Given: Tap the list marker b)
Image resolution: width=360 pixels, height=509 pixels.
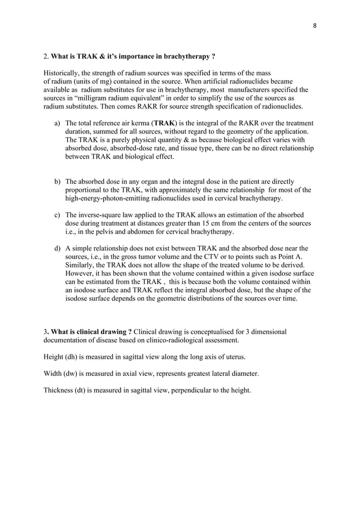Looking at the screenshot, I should pyautogui.click(x=58, y=182).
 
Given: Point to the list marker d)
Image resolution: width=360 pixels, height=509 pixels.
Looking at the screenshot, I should pyautogui.click(x=58, y=248).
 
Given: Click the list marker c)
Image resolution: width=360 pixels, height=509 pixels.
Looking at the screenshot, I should pyautogui.click(x=58, y=215).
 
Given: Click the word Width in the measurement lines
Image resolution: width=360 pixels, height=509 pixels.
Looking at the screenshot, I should pyautogui.click(x=54, y=373).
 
